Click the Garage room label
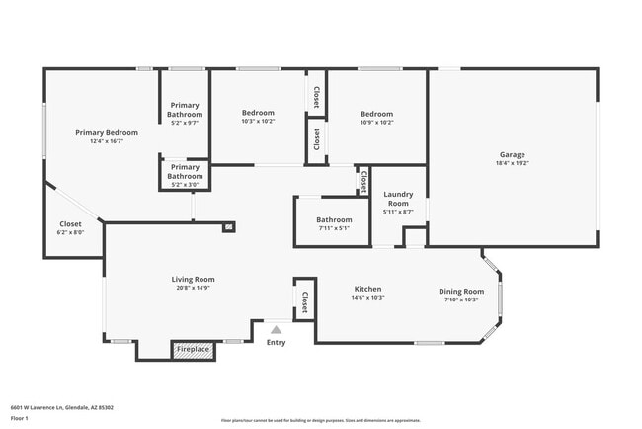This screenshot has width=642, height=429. [512, 154]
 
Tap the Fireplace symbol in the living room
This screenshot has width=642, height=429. [193, 349]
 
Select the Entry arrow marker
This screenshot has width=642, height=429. [277, 330]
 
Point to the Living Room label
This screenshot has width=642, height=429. [193, 280]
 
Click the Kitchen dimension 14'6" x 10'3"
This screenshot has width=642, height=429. [368, 297]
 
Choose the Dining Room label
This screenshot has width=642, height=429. [461, 291]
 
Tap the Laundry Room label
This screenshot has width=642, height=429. [398, 199]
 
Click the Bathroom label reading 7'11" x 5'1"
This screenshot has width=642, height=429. [334, 228]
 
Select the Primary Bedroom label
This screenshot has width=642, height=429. [107, 132]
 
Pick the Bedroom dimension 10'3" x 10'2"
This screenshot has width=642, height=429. [258, 122]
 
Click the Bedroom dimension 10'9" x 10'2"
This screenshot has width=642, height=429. [376, 122]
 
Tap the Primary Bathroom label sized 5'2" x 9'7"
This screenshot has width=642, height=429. [185, 124]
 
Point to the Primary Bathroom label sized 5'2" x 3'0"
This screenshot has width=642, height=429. [185, 184]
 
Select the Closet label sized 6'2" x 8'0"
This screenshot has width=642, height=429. [71, 232]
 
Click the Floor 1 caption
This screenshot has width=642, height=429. [20, 418]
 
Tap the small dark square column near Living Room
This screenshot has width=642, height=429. [229, 226]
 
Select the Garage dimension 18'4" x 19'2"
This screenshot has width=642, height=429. [512, 162]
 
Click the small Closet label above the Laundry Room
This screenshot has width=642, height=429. [363, 181]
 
